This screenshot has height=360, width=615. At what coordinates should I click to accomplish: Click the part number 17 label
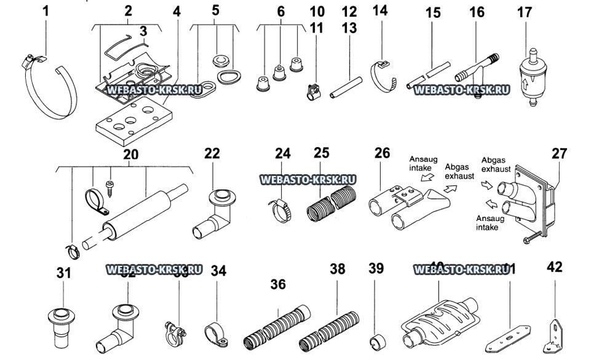[x=525, y=12]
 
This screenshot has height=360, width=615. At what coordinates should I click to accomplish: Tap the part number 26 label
[x=382, y=153]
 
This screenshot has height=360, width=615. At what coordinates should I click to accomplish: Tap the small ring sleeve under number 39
[x=376, y=340]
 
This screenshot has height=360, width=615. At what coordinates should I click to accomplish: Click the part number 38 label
[x=337, y=269]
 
